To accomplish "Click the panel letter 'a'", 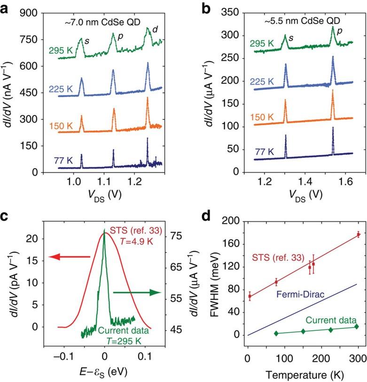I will [x=6, y=8].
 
